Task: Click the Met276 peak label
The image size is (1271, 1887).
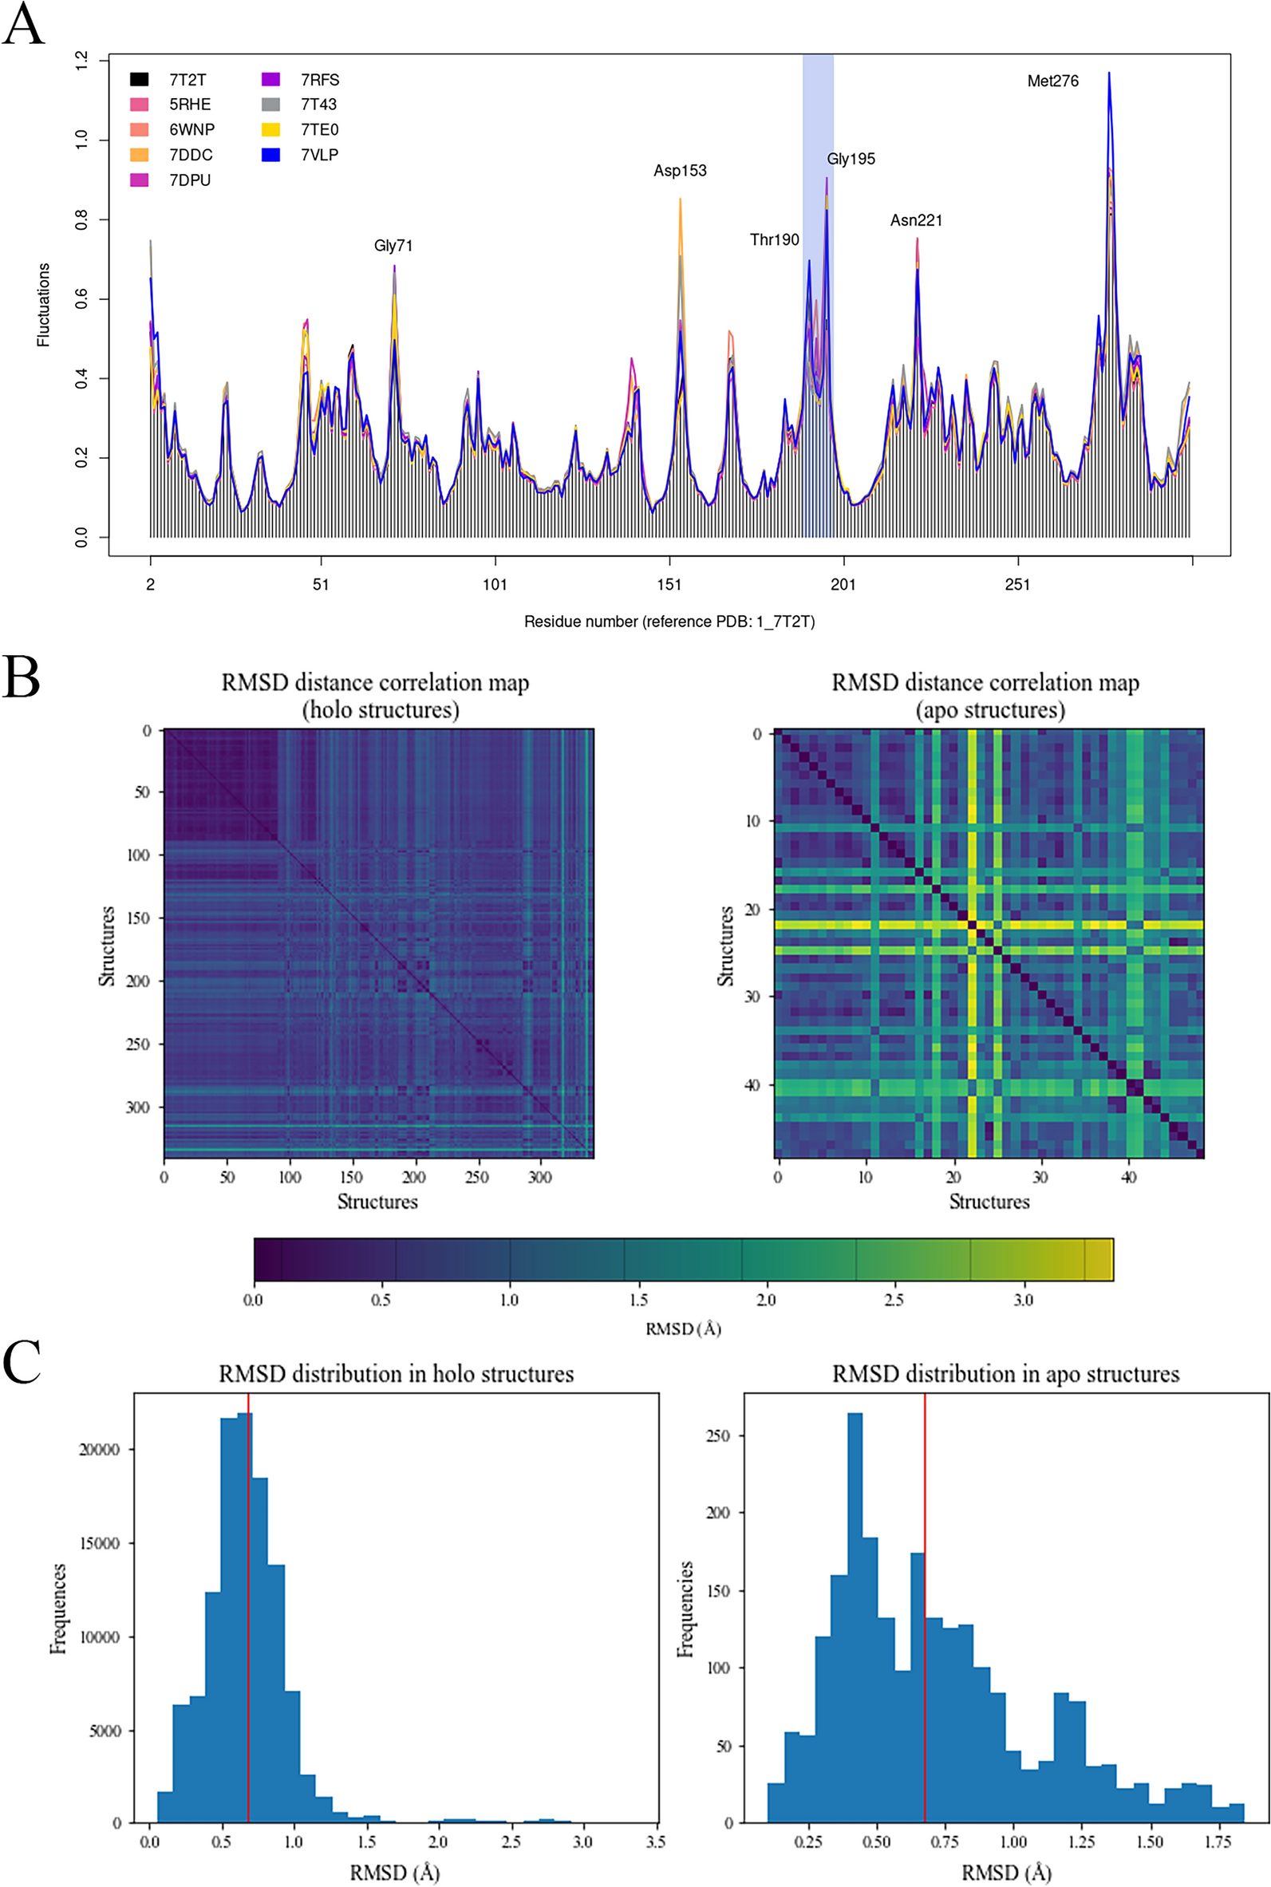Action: [x=1052, y=81]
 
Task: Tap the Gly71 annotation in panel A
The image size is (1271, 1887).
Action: [x=393, y=246]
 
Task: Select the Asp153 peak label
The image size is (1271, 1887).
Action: [x=680, y=170]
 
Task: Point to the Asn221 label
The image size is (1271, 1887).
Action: [x=916, y=220]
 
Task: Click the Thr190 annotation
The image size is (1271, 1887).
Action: [x=774, y=240]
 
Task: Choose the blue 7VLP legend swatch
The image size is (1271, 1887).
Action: [x=270, y=155]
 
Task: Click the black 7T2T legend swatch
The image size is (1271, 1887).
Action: [x=140, y=80]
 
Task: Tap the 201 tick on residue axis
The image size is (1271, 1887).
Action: [x=843, y=584]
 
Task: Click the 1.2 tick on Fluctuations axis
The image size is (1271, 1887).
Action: [x=81, y=60]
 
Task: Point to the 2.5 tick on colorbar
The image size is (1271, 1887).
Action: [x=894, y=1300]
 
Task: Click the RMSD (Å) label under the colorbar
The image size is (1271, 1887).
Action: [x=682, y=1328]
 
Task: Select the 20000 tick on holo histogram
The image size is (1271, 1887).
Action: [x=100, y=1449]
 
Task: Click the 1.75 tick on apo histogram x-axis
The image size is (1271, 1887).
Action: [x=1218, y=1842]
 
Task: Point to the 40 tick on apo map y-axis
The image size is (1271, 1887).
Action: [x=751, y=1084]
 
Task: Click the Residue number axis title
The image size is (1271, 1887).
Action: [x=669, y=622]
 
